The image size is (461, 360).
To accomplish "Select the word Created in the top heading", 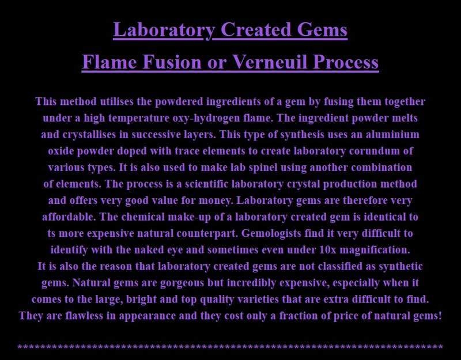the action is click(x=256, y=29).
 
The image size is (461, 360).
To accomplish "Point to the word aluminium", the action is click(x=392, y=134).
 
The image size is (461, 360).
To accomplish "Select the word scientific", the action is click(x=206, y=184).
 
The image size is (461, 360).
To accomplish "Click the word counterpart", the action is click(x=207, y=233).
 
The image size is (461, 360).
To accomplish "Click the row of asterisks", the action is click(x=230, y=347).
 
